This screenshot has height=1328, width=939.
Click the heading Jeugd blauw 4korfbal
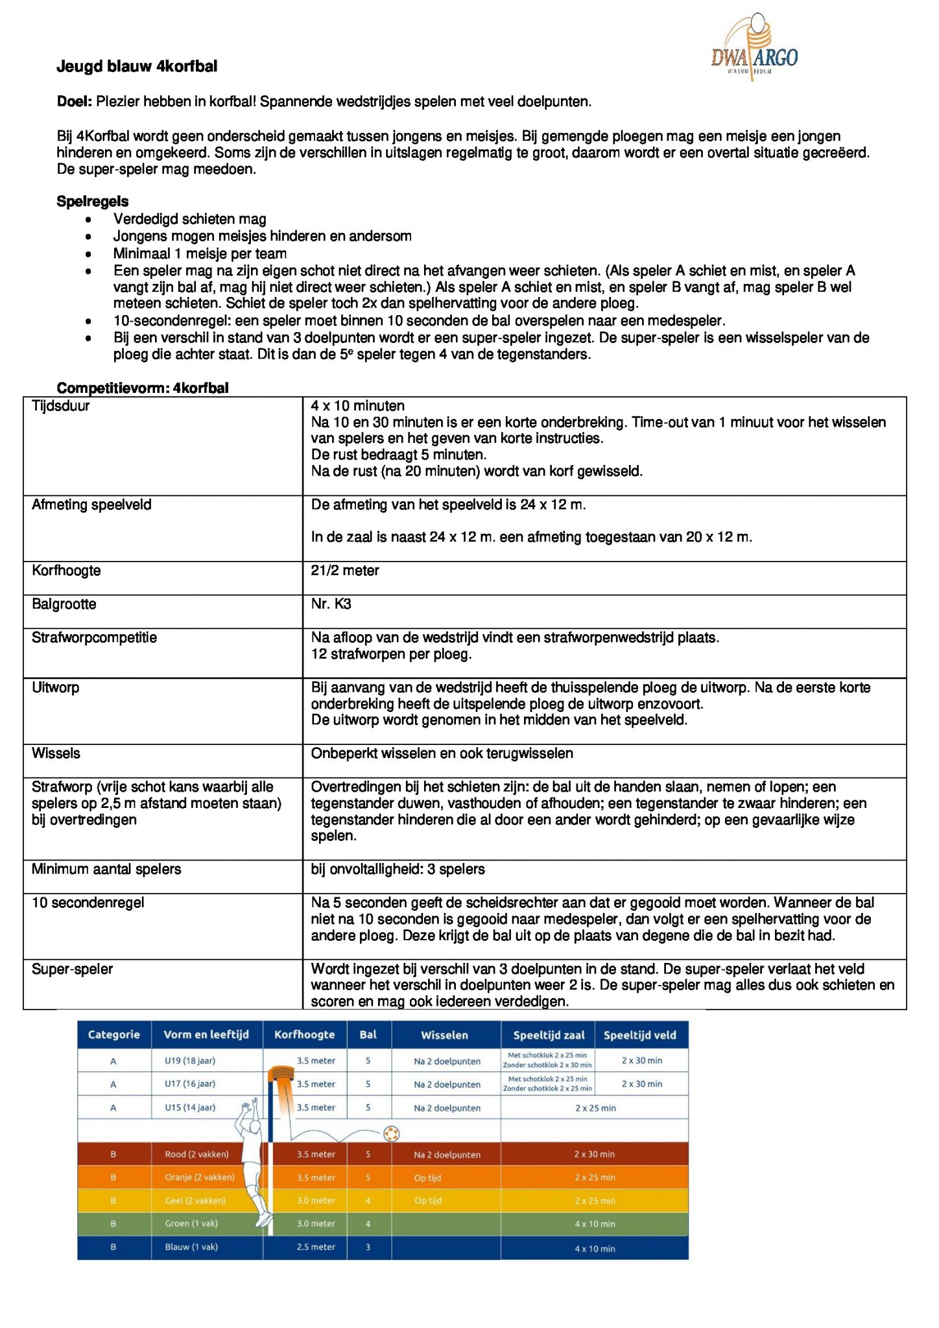[x=137, y=67]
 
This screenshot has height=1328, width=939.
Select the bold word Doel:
[x=75, y=102]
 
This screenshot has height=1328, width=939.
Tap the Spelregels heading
[x=93, y=202]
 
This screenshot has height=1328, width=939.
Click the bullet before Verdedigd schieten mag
[x=88, y=220]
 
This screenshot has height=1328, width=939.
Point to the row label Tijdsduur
[x=61, y=407]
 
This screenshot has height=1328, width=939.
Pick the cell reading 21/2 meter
[x=345, y=571]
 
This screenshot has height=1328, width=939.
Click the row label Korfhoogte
[x=66, y=571]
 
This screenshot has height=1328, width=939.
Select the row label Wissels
[x=56, y=753]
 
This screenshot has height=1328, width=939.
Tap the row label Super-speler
[x=72, y=969]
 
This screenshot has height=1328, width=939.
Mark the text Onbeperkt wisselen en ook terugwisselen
[x=442, y=753]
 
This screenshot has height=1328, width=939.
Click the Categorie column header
[x=114, y=1034]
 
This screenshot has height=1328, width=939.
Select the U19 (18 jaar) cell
[x=190, y=1061]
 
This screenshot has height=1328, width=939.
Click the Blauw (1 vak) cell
[x=191, y=1246]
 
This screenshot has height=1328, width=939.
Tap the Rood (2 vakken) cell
[x=196, y=1154]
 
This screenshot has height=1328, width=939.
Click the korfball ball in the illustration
[x=391, y=1133]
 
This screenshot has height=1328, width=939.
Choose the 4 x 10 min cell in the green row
[x=595, y=1224]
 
